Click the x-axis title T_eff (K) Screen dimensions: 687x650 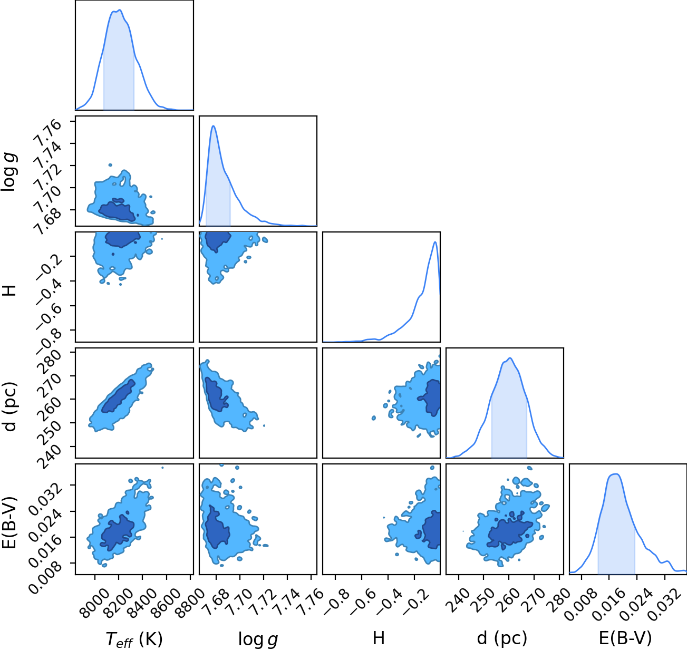point(134,639)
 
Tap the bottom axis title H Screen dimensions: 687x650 point(379,638)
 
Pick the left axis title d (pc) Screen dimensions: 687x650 point(10,407)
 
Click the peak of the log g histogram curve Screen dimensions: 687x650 point(213,126)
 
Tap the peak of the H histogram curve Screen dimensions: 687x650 point(434,242)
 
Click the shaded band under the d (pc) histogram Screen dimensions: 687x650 point(509,419)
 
